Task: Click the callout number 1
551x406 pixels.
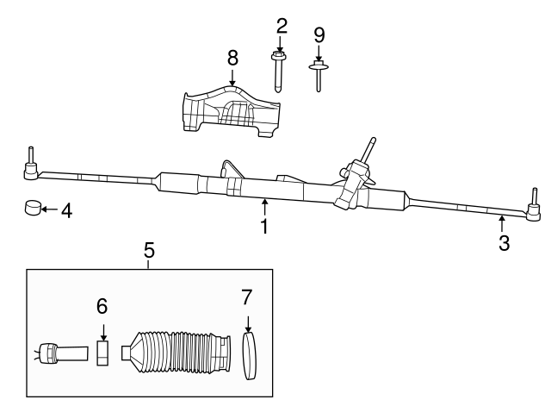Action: (x=264, y=228)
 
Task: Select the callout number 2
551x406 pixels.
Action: (x=281, y=25)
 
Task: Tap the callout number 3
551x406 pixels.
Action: (x=504, y=244)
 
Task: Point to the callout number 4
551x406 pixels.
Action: (x=66, y=209)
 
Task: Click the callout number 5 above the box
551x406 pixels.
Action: (x=149, y=250)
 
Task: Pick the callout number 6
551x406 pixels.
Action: (x=102, y=305)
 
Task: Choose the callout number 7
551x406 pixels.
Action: (x=247, y=298)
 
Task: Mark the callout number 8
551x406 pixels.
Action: (x=232, y=59)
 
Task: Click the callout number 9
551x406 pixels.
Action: (x=319, y=34)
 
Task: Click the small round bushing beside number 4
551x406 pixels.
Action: (x=33, y=209)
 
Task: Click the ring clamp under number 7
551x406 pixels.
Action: (x=251, y=357)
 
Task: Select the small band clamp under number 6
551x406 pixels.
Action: (x=102, y=353)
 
